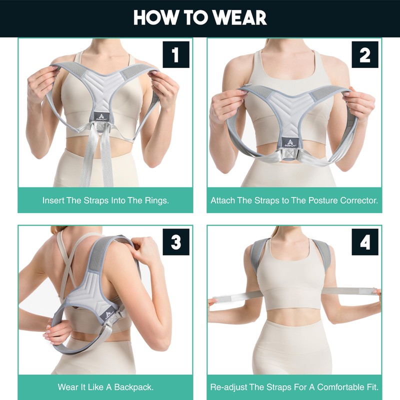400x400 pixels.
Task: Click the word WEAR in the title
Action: [238, 18]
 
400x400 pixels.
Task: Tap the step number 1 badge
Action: [175, 54]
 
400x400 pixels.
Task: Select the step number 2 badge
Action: [365, 54]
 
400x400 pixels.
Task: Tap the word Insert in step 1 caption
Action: [53, 200]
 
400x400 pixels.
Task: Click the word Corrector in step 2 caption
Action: [359, 200]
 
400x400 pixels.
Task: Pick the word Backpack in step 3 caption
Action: [135, 387]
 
